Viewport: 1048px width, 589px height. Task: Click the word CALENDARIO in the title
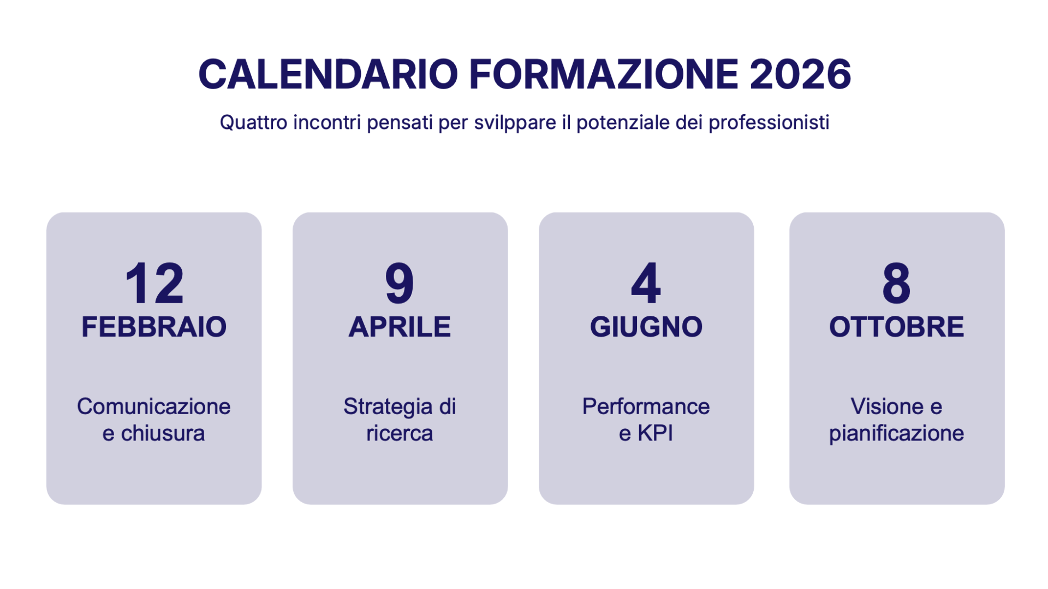pyautogui.click(x=328, y=74)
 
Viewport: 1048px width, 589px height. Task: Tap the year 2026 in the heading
pyautogui.click(x=800, y=74)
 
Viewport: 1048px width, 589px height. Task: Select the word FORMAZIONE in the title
pyautogui.click(x=604, y=74)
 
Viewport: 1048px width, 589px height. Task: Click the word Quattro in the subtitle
pyautogui.click(x=253, y=122)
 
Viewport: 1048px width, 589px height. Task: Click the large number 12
pyautogui.click(x=154, y=283)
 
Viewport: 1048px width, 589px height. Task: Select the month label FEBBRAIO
pyautogui.click(x=154, y=327)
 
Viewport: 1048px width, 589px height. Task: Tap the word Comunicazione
pyautogui.click(x=154, y=407)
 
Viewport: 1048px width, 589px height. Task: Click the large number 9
pyautogui.click(x=400, y=283)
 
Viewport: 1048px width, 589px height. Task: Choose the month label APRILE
pyautogui.click(x=400, y=327)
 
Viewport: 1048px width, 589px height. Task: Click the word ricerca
pyautogui.click(x=400, y=433)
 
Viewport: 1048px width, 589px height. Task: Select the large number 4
pyautogui.click(x=646, y=283)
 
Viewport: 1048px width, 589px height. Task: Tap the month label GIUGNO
pyautogui.click(x=646, y=327)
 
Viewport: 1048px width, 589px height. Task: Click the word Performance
pyautogui.click(x=646, y=407)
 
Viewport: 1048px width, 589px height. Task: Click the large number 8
pyautogui.click(x=896, y=283)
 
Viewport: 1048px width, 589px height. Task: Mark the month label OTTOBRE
pyautogui.click(x=896, y=327)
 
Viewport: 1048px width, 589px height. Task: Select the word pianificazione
pyautogui.click(x=896, y=433)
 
